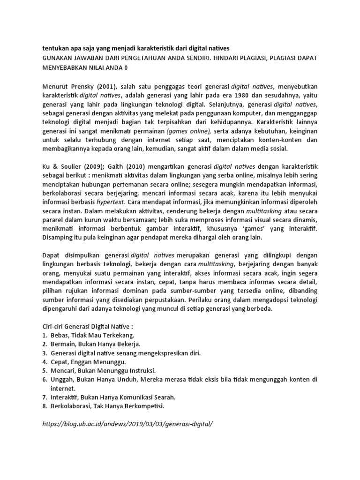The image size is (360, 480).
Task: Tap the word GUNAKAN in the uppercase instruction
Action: (59, 58)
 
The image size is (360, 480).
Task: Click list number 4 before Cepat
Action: (44, 362)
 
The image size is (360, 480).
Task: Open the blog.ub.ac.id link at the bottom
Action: (127, 424)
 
